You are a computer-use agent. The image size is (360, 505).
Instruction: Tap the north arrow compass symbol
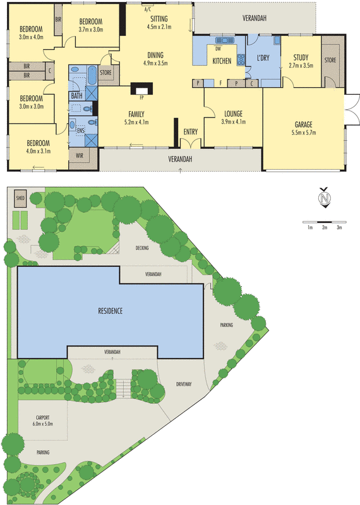(x=325, y=199)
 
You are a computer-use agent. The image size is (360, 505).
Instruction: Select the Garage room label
(x=304, y=124)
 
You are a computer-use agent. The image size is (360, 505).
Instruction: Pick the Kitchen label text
(x=222, y=61)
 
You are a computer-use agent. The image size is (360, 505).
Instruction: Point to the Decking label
(x=142, y=248)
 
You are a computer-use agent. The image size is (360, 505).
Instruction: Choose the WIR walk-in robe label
(x=80, y=155)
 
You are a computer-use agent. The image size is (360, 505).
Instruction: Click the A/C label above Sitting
(x=148, y=10)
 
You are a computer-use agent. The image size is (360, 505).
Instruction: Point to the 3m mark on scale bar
(x=339, y=227)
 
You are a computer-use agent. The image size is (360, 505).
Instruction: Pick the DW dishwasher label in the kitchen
(x=218, y=48)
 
